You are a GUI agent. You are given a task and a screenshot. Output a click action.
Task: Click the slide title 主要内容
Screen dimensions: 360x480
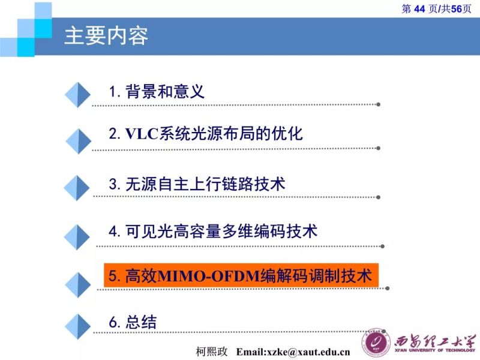click(x=106, y=35)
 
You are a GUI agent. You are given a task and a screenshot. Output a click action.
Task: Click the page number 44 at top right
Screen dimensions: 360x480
click(x=419, y=8)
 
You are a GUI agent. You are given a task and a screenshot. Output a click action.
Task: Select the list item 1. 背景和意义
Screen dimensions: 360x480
click(x=157, y=91)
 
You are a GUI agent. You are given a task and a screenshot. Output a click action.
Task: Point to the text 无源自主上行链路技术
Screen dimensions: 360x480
click(x=205, y=184)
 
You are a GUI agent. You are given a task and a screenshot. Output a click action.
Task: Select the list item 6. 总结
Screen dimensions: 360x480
click(x=133, y=322)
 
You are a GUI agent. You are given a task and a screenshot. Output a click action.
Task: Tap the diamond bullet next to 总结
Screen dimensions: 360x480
click(x=77, y=328)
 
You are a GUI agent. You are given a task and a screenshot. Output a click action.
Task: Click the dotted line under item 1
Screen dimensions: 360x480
click(x=234, y=104)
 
